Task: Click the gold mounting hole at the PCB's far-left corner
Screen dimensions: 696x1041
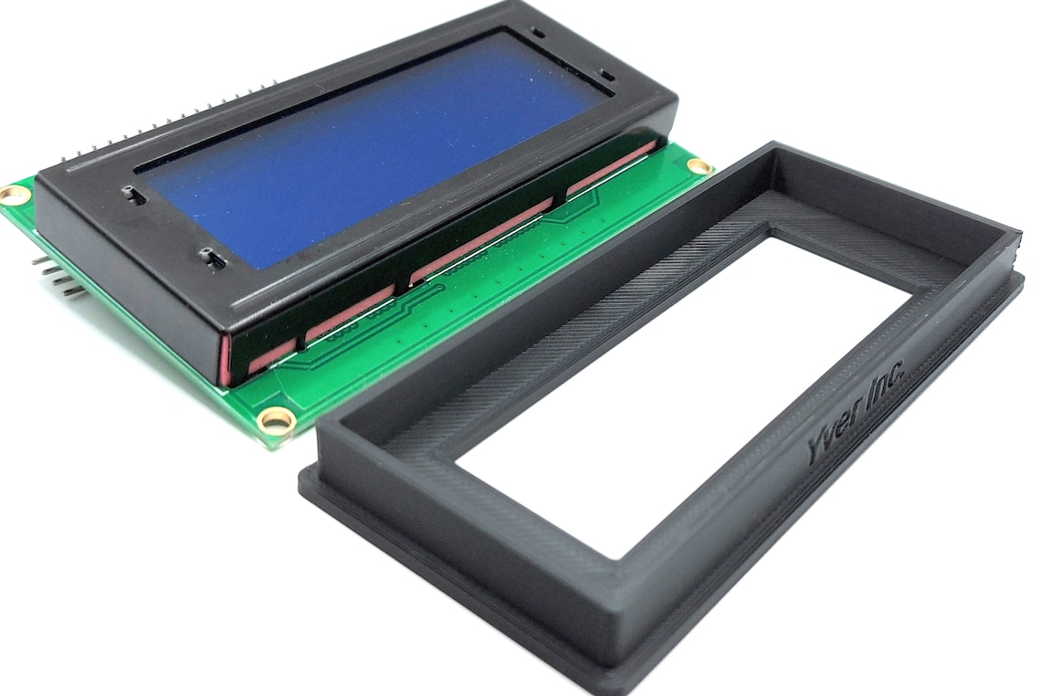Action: (x=14, y=194)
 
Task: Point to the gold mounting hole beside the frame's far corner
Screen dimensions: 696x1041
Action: (x=699, y=166)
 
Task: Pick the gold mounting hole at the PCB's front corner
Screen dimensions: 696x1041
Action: (x=275, y=420)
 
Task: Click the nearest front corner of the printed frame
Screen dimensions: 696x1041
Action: (x=612, y=676)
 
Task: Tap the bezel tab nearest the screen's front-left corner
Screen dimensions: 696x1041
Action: (x=212, y=259)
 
